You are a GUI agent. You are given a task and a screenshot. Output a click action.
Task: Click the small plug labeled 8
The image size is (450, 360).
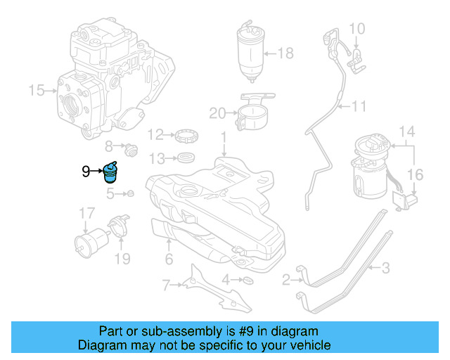[x=129, y=149]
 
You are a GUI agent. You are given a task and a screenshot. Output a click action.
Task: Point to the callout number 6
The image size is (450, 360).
[x=169, y=260]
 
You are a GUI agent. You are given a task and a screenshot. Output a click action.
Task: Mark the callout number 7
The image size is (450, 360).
[x=166, y=285]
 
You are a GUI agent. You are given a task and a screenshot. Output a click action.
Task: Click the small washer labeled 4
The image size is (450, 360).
[x=246, y=281]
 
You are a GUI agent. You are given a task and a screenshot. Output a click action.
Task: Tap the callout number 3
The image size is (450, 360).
[x=385, y=267]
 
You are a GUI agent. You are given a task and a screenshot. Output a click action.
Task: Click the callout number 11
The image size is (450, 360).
[x=360, y=107]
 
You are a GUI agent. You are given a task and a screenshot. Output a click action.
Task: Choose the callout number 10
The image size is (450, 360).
[x=357, y=29]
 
